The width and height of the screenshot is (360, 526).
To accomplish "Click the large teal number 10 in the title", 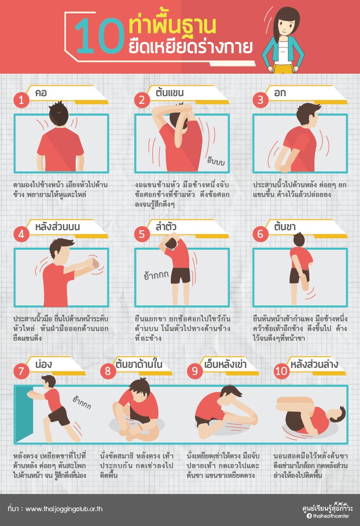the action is (99, 36).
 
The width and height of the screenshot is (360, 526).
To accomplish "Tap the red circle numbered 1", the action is (21, 100).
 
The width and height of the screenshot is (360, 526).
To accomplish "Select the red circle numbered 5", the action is (142, 234).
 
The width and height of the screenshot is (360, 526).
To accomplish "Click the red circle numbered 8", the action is (108, 371).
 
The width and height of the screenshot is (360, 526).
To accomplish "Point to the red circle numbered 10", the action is (281, 371).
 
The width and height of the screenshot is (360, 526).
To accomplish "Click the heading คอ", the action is (41, 93).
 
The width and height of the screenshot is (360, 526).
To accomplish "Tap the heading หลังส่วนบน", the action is (58, 227).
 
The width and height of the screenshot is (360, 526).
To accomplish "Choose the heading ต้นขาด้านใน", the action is (139, 364).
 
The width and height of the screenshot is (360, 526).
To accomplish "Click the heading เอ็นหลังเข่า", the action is (225, 364).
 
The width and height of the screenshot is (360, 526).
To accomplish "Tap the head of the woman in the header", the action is (285, 24).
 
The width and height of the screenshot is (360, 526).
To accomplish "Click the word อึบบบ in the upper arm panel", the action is (216, 161).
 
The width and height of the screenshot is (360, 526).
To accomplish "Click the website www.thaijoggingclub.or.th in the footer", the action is (64, 509).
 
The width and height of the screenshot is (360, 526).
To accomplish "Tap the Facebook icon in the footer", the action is (309, 516).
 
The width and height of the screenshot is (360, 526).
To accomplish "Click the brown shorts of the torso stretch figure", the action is (181, 276).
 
